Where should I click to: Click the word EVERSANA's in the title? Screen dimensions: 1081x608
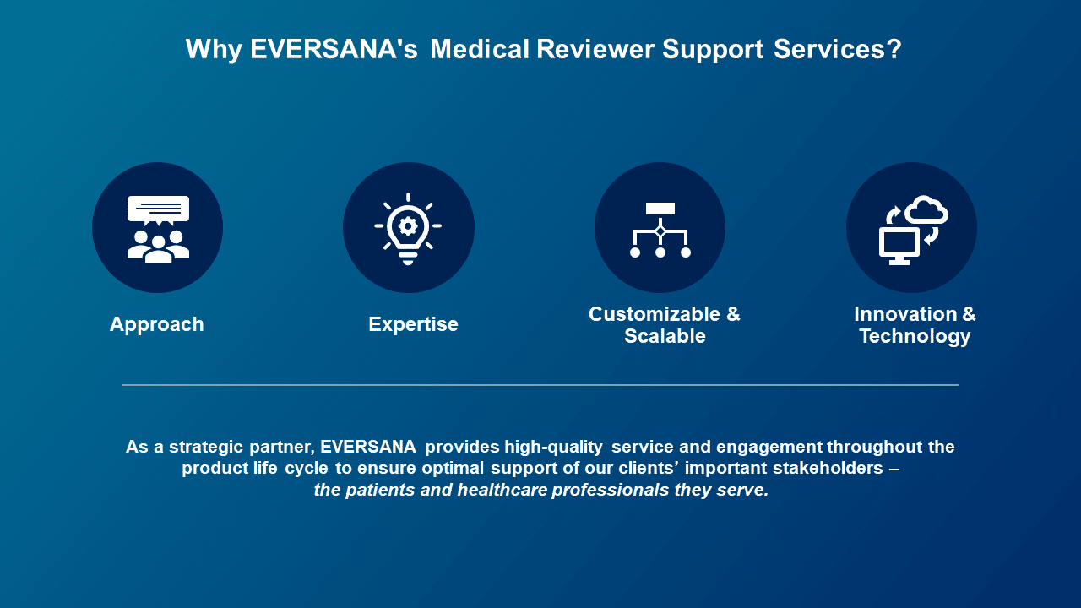coord(334,49)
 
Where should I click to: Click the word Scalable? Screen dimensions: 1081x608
coord(665,336)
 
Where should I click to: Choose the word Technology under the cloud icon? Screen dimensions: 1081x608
coord(915,337)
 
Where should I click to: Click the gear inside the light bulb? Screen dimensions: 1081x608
coord(408,226)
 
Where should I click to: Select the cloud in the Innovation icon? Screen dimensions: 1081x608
coord(926,209)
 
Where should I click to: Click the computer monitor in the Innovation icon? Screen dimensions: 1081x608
coord(899,246)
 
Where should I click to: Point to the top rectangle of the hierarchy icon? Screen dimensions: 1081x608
coord(660,209)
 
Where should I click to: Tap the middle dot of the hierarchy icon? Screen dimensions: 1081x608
coord(660,252)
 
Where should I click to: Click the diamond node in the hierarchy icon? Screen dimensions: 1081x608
coord(660,232)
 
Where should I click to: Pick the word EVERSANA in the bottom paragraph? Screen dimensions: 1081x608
coord(367,447)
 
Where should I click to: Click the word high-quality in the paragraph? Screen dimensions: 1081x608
coord(553,448)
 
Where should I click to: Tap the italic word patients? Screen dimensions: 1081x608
coord(380,491)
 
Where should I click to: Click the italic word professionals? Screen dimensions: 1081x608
coord(611,491)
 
